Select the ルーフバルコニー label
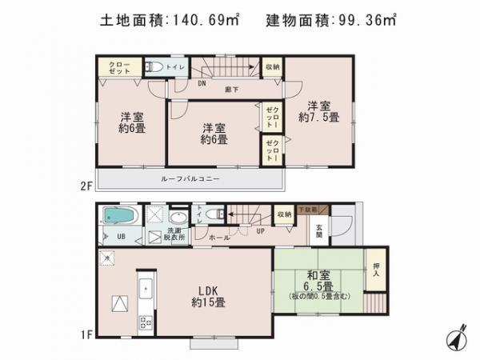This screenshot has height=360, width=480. (x=190, y=178)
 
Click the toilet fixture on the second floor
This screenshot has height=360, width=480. (x=158, y=66)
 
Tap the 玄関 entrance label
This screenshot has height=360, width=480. (x=318, y=229)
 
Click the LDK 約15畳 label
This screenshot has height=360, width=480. (x=207, y=296)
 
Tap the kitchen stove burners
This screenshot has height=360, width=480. (x=146, y=323)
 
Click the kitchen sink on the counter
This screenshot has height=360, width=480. (x=145, y=288)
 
